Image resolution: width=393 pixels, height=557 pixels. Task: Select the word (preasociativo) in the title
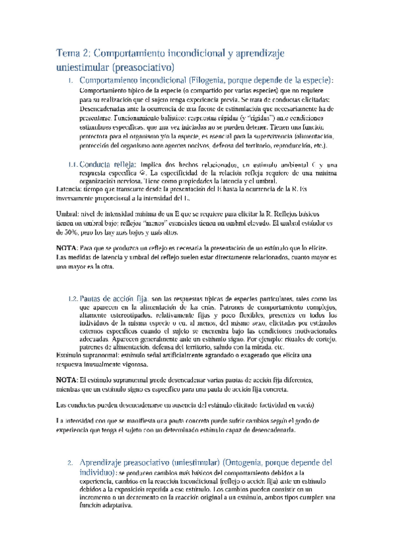(x=143, y=66)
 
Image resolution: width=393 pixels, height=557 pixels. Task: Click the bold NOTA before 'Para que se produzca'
(x=66, y=248)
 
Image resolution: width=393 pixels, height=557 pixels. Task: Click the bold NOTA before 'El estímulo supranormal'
(x=66, y=380)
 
